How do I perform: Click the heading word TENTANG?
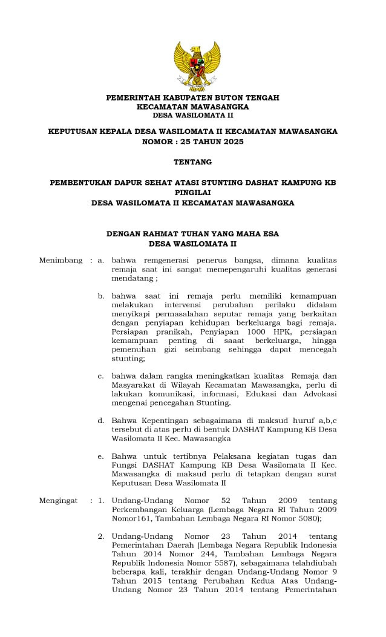(192, 162)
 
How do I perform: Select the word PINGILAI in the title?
(192, 192)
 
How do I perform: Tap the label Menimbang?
(61, 261)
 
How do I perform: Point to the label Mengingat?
(59, 501)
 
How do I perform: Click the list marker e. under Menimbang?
(101, 456)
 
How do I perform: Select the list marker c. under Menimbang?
(101, 376)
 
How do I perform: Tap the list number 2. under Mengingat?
(102, 536)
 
